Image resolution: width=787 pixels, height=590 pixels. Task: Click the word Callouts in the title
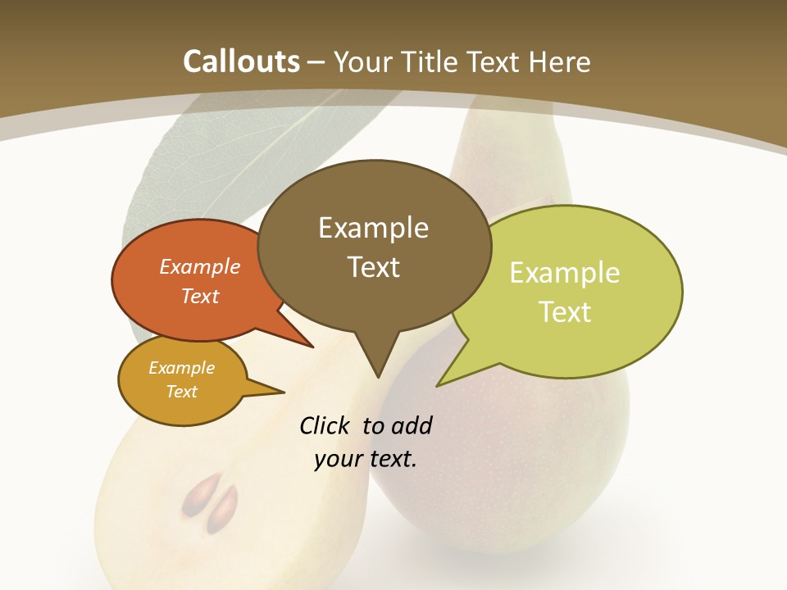(x=241, y=61)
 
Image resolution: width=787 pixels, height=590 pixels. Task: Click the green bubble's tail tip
(x=439, y=384)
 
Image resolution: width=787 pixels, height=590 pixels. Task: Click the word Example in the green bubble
(x=565, y=273)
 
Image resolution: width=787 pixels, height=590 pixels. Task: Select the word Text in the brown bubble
(x=374, y=267)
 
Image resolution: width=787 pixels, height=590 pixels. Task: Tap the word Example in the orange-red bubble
(x=200, y=266)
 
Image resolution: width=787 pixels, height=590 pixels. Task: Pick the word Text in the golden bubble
(x=182, y=392)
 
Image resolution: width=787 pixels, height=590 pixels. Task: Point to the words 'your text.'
(x=366, y=459)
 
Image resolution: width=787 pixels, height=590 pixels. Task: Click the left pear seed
(x=198, y=494)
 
